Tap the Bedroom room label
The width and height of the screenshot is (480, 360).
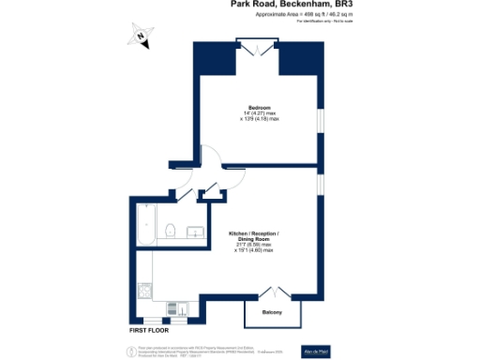point(260,107)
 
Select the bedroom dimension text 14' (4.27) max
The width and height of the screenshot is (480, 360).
point(260,113)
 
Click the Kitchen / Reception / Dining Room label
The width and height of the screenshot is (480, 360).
point(254,235)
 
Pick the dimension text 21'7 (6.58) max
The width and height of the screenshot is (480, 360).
point(254,246)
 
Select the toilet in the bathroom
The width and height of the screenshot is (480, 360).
point(170,232)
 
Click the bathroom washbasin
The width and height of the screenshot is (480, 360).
point(193,231)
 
